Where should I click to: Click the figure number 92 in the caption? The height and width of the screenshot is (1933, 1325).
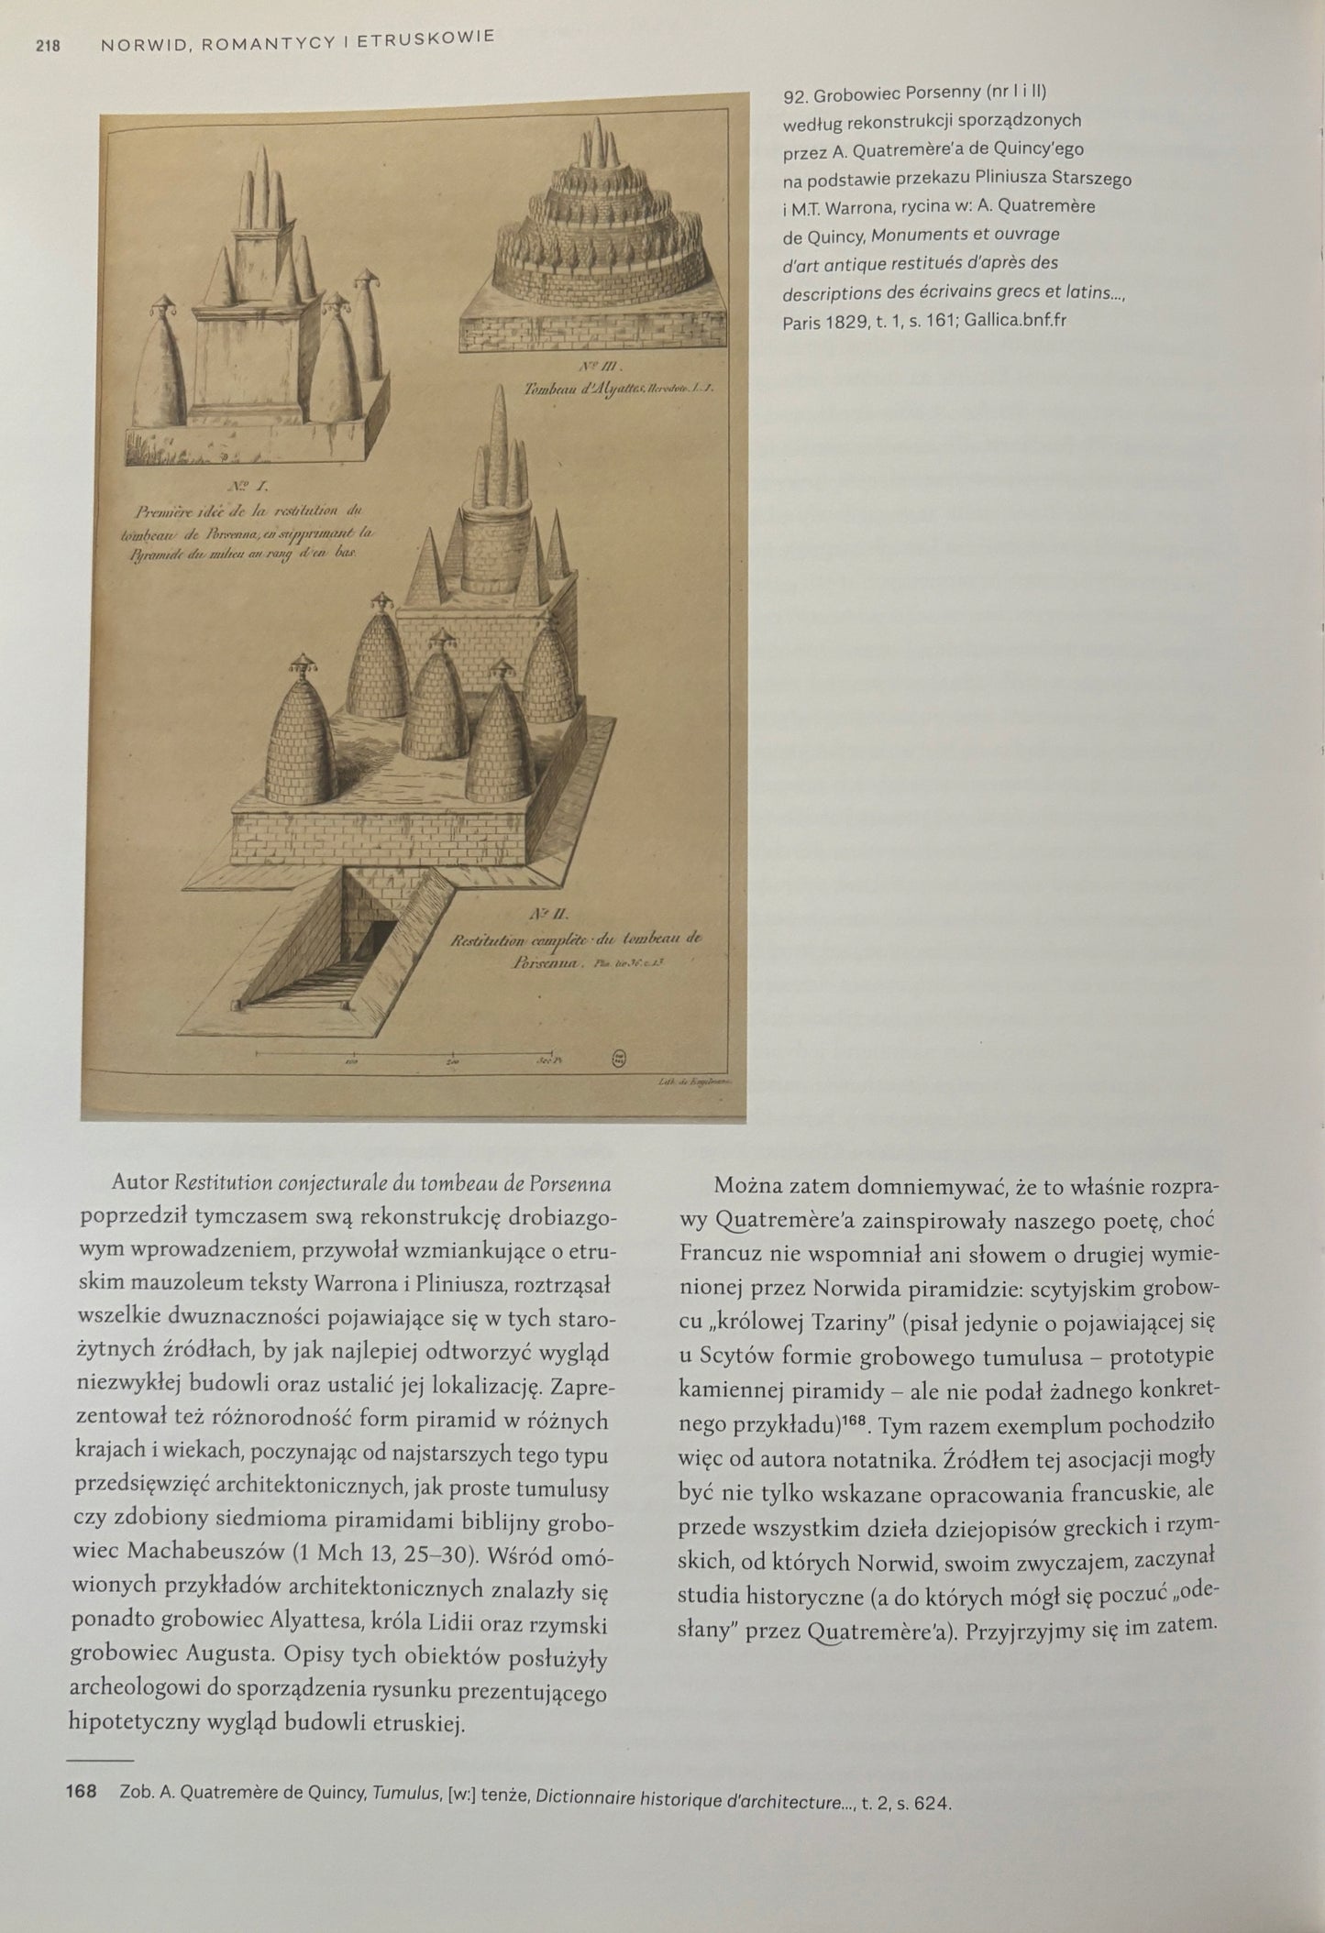[x=794, y=93]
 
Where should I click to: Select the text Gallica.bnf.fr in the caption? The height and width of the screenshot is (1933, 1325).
[x=1015, y=321]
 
